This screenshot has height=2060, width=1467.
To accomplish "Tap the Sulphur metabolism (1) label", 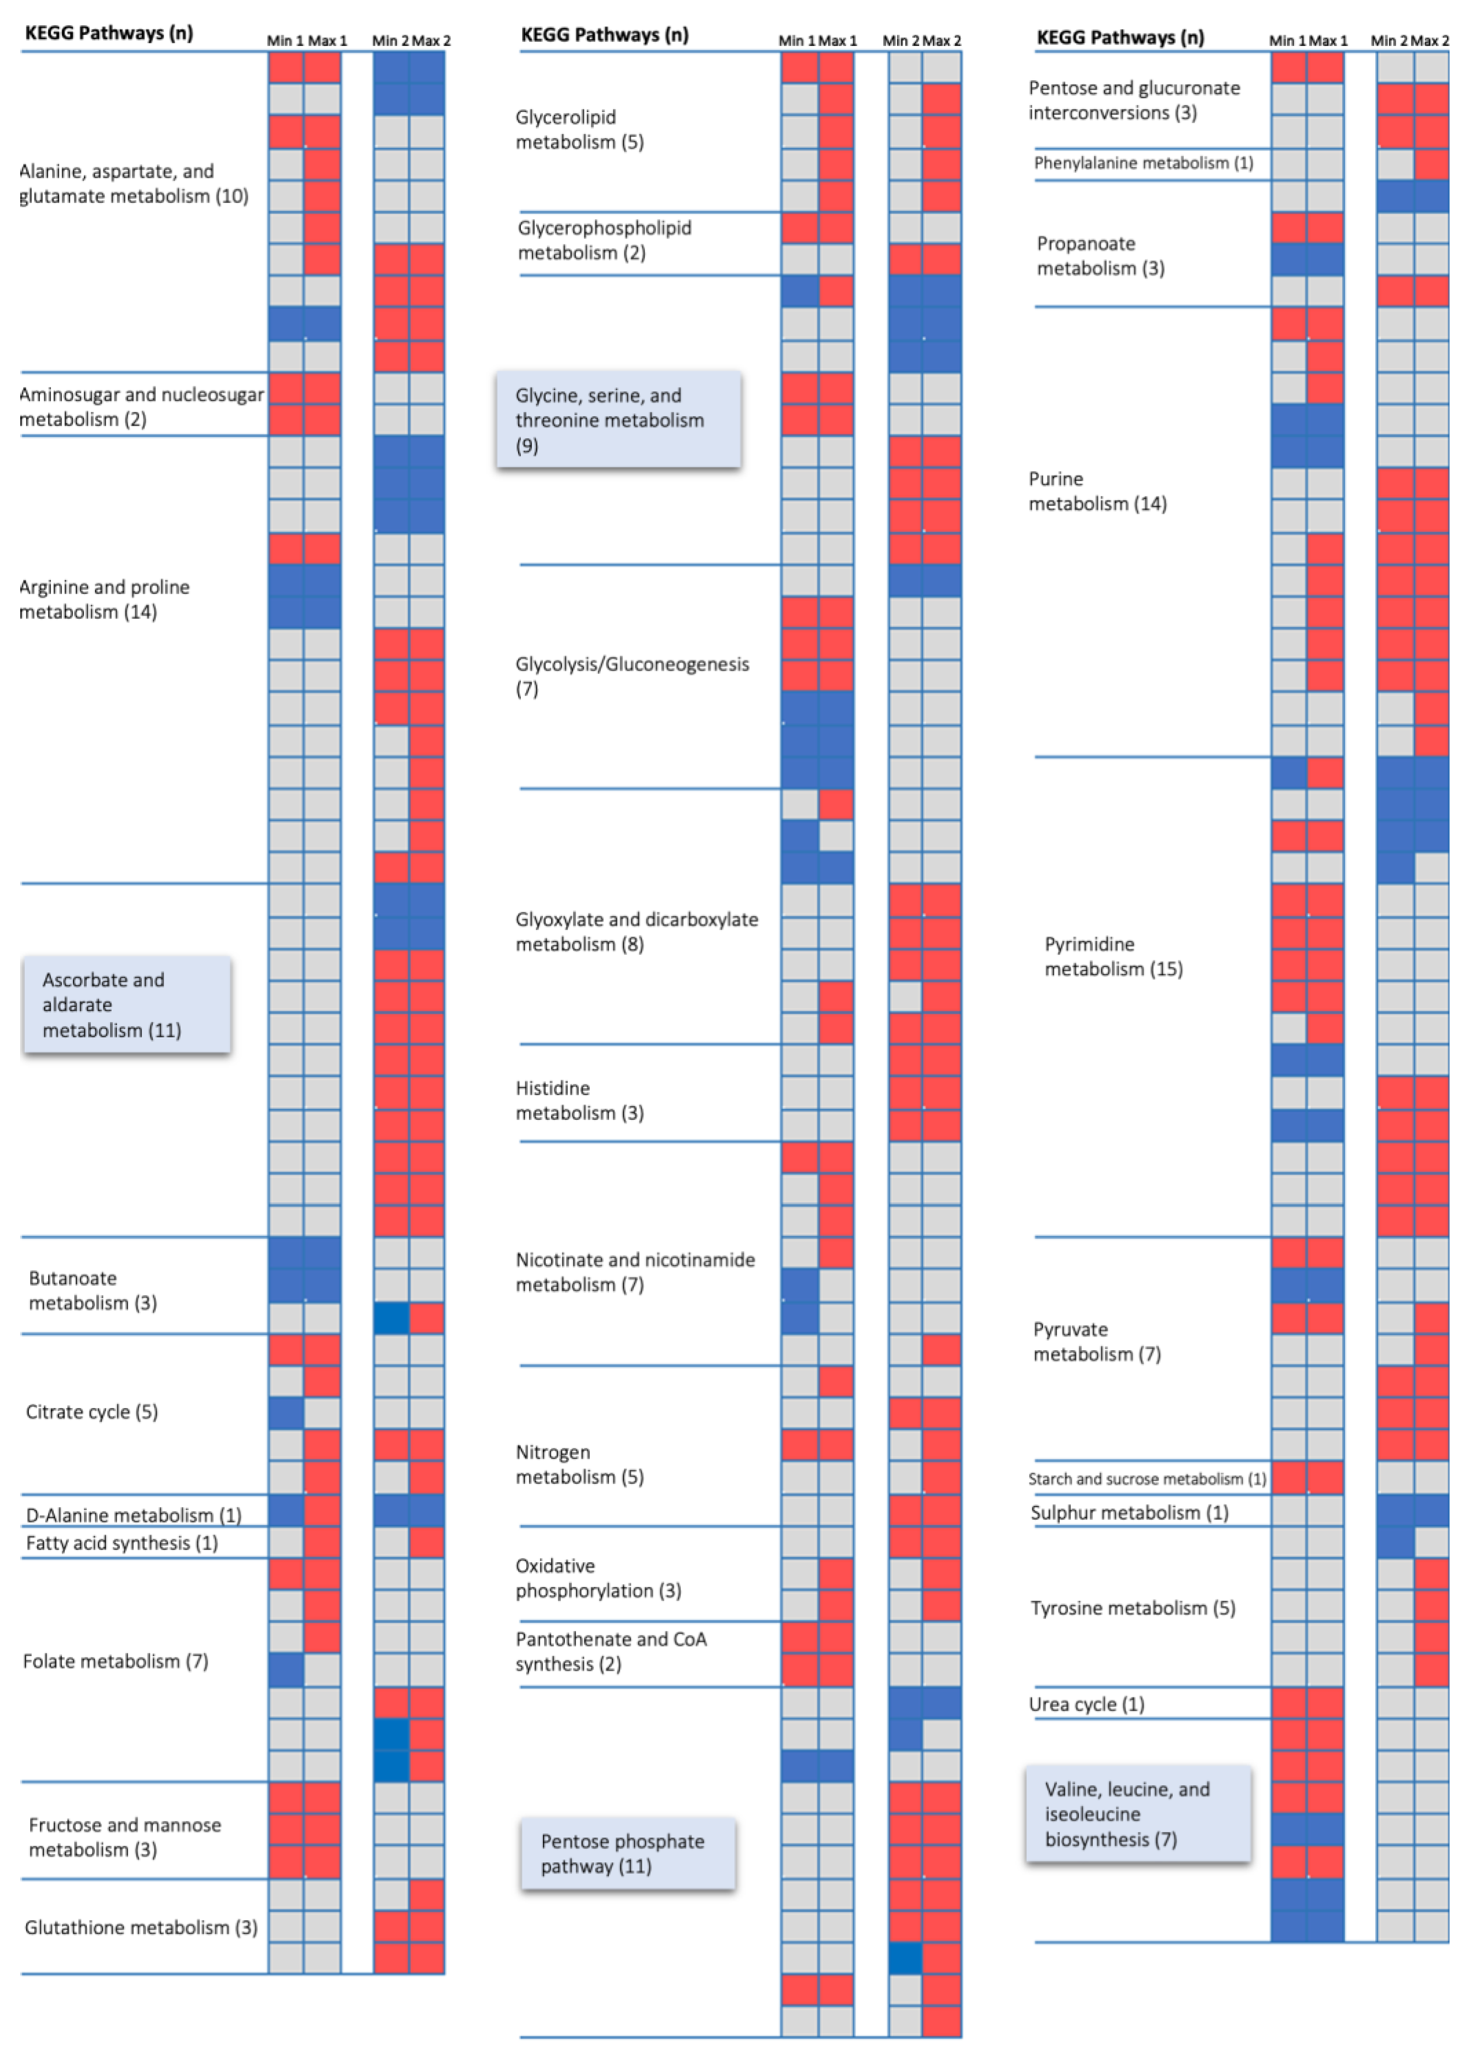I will [1129, 1513].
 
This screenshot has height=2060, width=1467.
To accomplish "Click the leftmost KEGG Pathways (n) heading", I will [108, 33].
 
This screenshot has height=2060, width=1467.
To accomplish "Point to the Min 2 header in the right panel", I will [1389, 41].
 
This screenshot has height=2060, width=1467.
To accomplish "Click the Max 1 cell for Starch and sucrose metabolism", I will [1325, 1478].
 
